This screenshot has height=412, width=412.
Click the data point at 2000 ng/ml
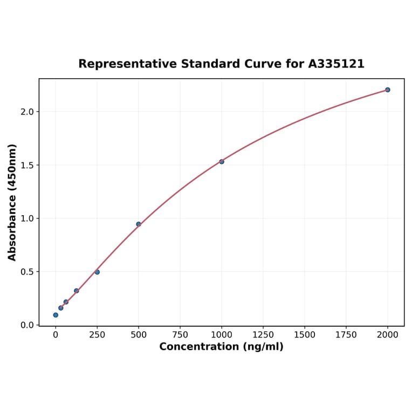[x=387, y=90]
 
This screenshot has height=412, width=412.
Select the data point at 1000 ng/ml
[x=222, y=161]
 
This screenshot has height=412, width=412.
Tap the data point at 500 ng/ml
[x=139, y=224]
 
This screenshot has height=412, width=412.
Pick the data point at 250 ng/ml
[x=97, y=272]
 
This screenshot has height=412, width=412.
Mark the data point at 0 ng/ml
[x=56, y=315]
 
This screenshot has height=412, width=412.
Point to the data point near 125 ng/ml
[x=77, y=291]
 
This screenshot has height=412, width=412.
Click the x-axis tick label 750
[x=180, y=335]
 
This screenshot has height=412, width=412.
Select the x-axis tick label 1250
[x=263, y=335]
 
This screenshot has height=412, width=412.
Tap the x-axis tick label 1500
[x=305, y=335]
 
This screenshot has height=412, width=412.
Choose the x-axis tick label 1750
[x=346, y=335]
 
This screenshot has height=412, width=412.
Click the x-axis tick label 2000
[x=387, y=335]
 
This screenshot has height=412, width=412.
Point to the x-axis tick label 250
[x=97, y=335]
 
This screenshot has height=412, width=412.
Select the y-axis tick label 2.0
[x=27, y=112]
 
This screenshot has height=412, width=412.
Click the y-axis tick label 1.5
[x=27, y=165]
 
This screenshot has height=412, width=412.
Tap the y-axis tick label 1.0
[x=27, y=218]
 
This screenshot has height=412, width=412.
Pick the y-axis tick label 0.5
[x=27, y=272]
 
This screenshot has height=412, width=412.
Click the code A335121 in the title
[x=337, y=64]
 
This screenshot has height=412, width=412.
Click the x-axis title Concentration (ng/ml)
[x=221, y=347]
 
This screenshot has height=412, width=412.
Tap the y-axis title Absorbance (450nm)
[x=12, y=202]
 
